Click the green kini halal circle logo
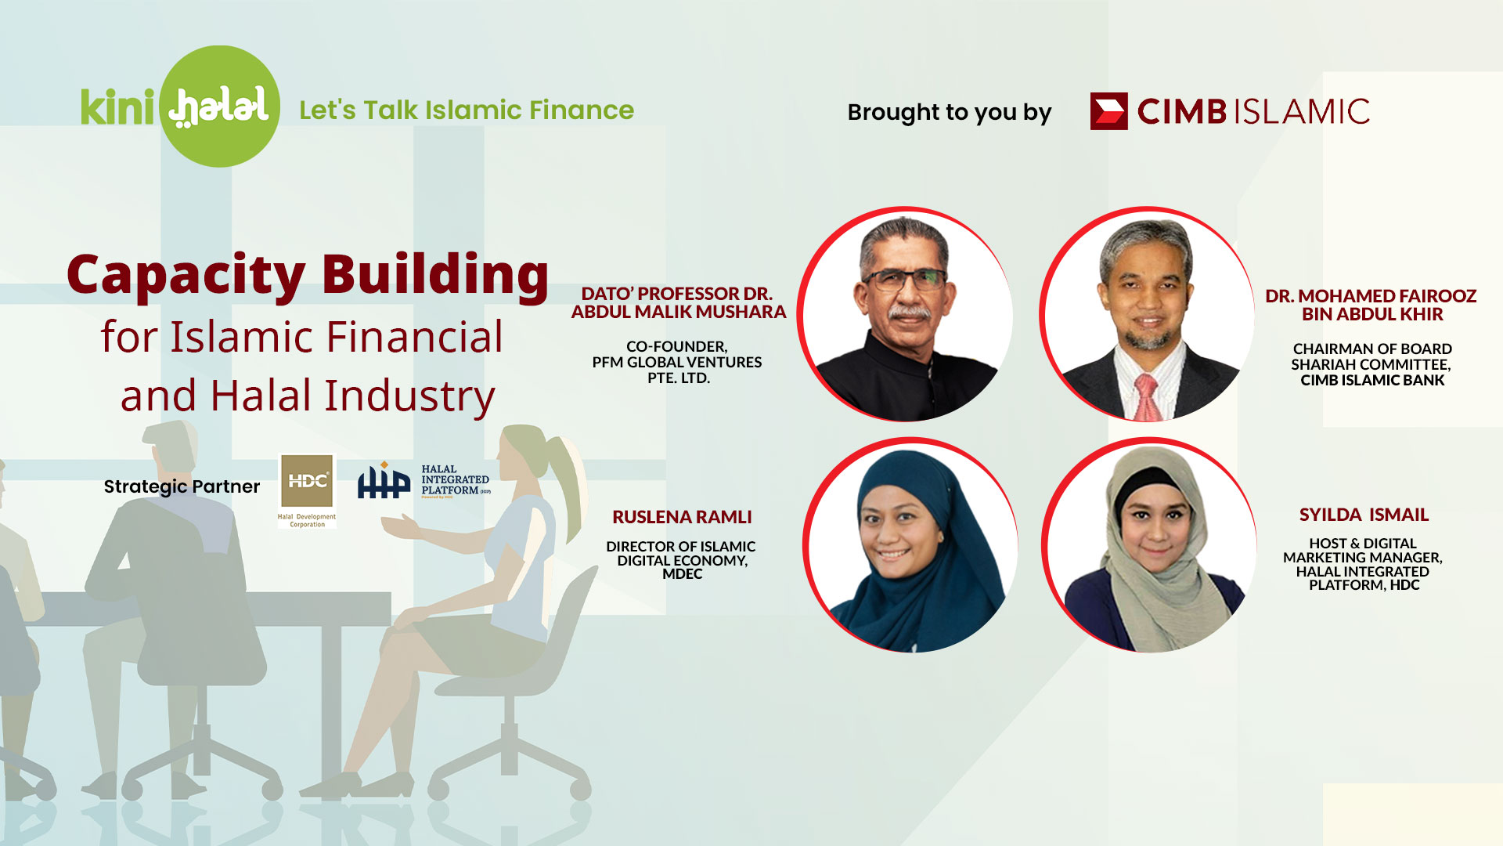point(219,106)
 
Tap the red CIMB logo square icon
point(1108,111)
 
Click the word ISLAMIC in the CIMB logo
point(1302,111)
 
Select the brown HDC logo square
point(307,480)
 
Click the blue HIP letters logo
point(384,481)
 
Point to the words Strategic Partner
point(182,486)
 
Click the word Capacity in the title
point(186,275)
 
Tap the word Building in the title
point(435,275)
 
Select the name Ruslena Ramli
point(682,517)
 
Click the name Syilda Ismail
point(1364,515)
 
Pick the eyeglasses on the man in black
point(906,280)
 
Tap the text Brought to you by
point(949,113)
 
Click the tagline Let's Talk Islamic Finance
point(467,110)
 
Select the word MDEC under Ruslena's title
point(682,574)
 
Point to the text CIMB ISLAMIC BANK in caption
point(1372,381)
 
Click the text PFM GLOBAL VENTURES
point(676,362)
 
